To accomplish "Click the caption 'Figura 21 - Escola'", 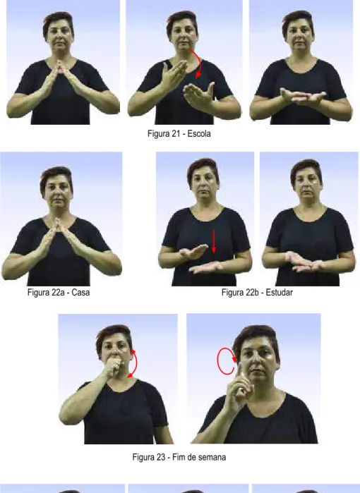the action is click(179, 133).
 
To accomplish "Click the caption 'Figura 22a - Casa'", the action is click(59, 293).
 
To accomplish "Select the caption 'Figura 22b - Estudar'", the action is click(257, 293).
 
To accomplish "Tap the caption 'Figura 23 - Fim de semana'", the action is click(179, 457).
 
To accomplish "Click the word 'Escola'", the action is click(199, 133).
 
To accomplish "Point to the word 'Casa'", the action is click(81, 293).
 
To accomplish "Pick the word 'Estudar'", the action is click(280, 293).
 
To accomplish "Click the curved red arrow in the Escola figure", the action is click(200, 61).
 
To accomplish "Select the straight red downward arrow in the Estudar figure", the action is click(214, 241).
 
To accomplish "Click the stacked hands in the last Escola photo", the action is click(302, 97).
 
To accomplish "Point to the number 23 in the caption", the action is click(160, 457).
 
